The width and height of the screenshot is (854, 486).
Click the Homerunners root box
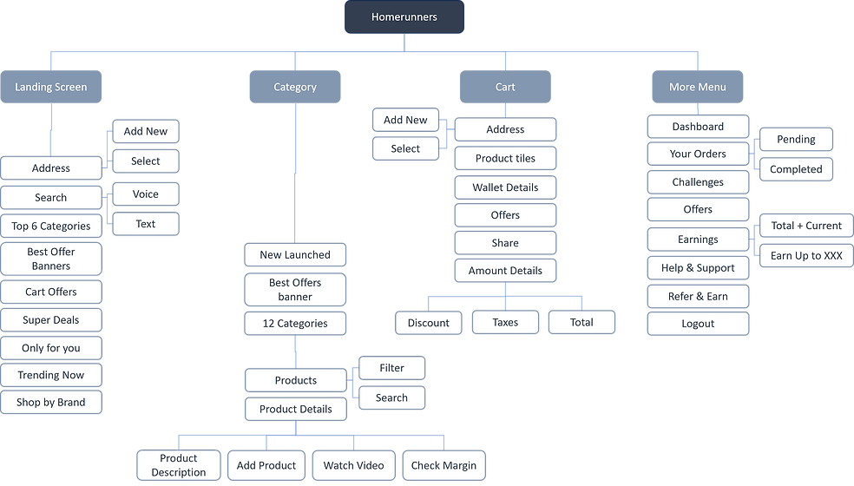point(404,17)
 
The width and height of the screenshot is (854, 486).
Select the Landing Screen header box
point(51,87)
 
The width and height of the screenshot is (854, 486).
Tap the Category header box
point(295,87)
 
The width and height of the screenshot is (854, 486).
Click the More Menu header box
point(698,87)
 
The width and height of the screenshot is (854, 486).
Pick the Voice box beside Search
point(146,194)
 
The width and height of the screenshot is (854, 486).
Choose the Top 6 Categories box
point(51,226)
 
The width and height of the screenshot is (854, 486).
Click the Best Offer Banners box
point(51,259)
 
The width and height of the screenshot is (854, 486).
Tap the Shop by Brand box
point(51,403)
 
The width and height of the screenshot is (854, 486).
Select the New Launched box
point(295,254)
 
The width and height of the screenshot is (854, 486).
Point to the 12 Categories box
point(295,323)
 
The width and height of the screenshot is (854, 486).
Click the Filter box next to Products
point(391,368)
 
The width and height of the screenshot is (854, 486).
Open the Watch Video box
point(353,465)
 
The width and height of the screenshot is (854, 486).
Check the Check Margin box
point(443,465)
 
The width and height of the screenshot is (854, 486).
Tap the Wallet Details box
point(505,187)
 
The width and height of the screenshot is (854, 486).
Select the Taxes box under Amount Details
point(505,322)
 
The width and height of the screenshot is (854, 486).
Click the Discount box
point(429,322)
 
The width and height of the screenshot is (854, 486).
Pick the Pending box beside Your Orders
point(796,139)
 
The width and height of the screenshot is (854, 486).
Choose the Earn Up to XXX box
point(806,256)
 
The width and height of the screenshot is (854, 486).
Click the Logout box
point(698,324)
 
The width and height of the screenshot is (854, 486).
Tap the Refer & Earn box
point(698,296)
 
